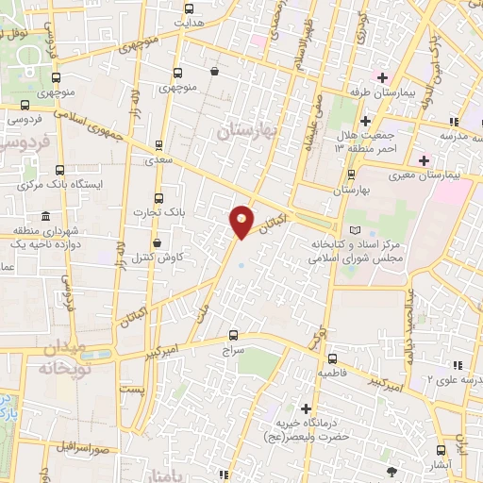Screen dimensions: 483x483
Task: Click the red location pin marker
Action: (x=241, y=221)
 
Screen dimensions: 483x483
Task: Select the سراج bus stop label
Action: (x=233, y=350)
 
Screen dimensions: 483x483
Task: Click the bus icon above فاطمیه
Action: (x=332, y=358)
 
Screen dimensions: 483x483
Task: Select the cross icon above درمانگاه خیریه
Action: (x=306, y=408)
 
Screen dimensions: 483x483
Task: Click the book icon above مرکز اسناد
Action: (x=355, y=230)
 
